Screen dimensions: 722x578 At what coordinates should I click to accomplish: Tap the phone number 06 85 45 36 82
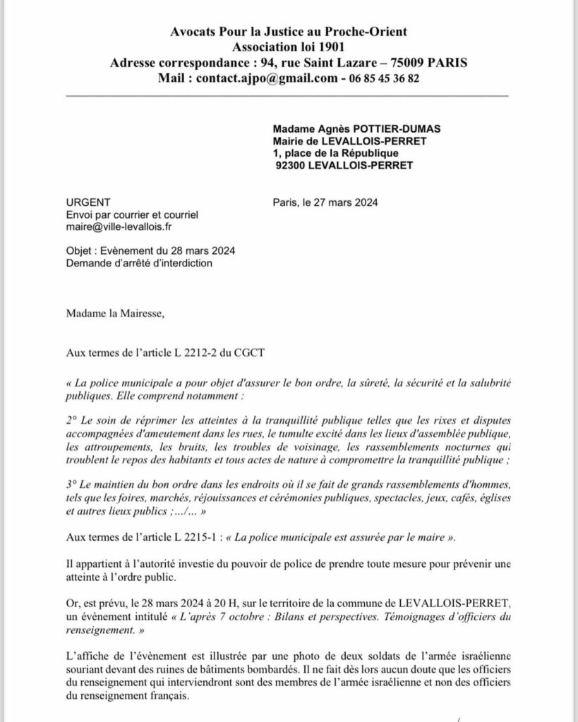click(382, 78)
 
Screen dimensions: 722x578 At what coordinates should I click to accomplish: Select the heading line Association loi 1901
click(289, 47)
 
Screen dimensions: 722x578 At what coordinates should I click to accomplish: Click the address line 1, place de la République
click(335, 153)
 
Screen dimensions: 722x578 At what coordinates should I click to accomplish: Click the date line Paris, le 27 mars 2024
click(325, 201)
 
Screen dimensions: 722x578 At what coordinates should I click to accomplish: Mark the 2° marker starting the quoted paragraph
click(71, 420)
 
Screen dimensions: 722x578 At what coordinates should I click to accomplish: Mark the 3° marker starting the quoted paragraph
click(71, 487)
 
